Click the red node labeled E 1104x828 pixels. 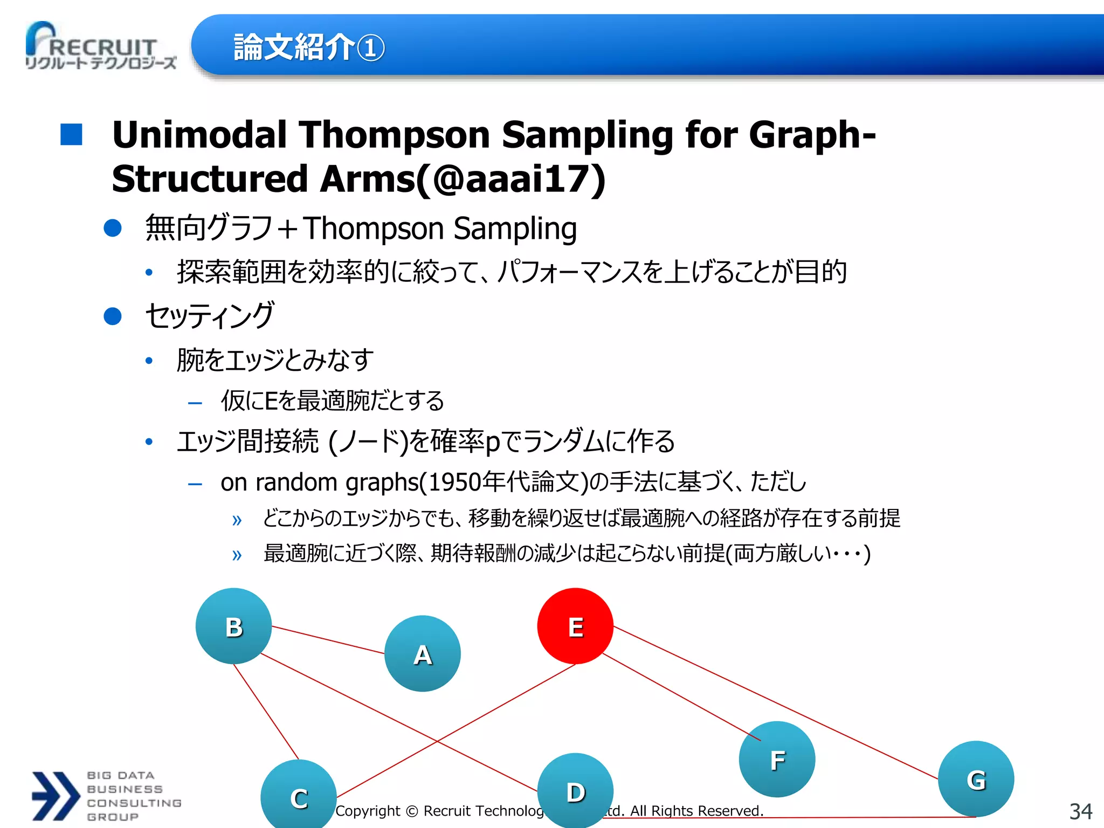pyautogui.click(x=575, y=626)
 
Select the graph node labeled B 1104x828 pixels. pyautogui.click(x=233, y=626)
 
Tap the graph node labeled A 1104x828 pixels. pyautogui.click(x=423, y=653)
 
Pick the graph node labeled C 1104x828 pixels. pyautogui.click(x=299, y=796)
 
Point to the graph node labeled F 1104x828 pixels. pyautogui.click(x=777, y=759)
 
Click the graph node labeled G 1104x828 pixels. pyautogui.click(x=976, y=779)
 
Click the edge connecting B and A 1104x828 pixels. pyautogui.click(x=328, y=640)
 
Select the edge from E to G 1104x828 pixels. pyautogui.click(x=776, y=703)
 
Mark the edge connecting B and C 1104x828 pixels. pyautogui.click(x=266, y=712)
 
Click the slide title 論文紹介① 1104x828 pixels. pyautogui.click(x=309, y=47)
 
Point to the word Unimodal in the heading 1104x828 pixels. pyautogui.click(x=199, y=135)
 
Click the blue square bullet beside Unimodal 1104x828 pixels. pyautogui.click(x=71, y=135)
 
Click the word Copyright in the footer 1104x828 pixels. pyautogui.click(x=368, y=811)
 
